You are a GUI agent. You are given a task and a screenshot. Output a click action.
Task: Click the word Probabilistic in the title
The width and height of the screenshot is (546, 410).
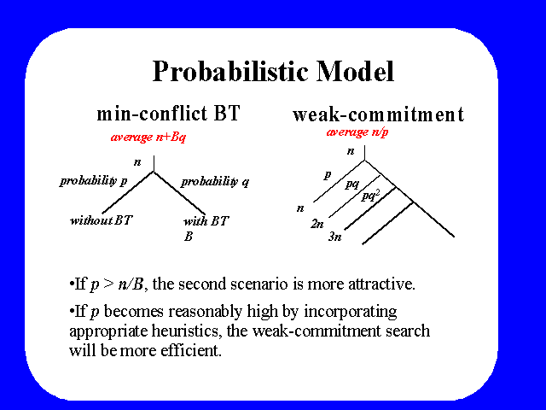pyautogui.click(x=230, y=72)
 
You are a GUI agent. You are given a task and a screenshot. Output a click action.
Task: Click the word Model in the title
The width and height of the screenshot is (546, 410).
pyautogui.click(x=356, y=71)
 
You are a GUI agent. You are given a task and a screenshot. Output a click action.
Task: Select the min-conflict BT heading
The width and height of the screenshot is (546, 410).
pyautogui.click(x=169, y=114)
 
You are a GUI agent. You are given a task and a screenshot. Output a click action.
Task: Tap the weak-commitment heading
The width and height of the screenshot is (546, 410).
pyautogui.click(x=379, y=114)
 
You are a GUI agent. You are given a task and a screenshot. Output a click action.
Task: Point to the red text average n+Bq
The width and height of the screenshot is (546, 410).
pyautogui.click(x=148, y=137)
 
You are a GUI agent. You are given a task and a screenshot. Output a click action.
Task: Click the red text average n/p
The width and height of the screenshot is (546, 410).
pyautogui.click(x=357, y=132)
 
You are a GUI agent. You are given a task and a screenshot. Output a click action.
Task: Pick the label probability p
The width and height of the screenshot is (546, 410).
pyautogui.click(x=94, y=180)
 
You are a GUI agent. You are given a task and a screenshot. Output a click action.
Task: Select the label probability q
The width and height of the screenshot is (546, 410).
pyautogui.click(x=215, y=181)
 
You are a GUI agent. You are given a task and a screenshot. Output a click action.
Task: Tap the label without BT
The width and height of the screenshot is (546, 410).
pyautogui.click(x=102, y=220)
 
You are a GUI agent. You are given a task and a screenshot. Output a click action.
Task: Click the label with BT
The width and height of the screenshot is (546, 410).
pyautogui.click(x=206, y=220)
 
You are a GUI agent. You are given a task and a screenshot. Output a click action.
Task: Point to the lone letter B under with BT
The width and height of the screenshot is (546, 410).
pyautogui.click(x=189, y=237)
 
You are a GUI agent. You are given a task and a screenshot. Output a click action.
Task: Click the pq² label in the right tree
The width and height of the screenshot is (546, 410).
pyautogui.click(x=370, y=196)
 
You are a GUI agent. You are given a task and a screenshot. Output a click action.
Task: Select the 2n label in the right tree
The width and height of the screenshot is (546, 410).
pyautogui.click(x=317, y=224)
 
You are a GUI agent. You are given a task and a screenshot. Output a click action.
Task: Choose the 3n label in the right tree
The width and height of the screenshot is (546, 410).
pyautogui.click(x=335, y=237)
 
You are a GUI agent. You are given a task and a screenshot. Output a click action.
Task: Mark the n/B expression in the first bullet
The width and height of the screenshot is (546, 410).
pyautogui.click(x=131, y=284)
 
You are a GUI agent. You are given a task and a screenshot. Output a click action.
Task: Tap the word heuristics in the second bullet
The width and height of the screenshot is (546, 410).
pyautogui.click(x=187, y=331)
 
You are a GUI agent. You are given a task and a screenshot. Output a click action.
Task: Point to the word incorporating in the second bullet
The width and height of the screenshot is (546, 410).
pyautogui.click(x=351, y=311)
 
